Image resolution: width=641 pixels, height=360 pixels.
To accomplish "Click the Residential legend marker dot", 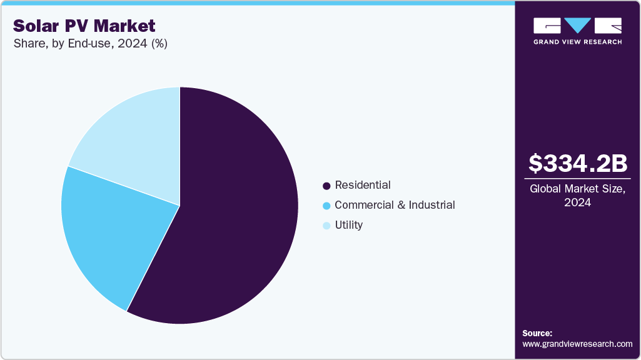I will click(x=326, y=186).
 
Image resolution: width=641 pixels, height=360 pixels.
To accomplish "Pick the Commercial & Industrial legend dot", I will click(x=326, y=206).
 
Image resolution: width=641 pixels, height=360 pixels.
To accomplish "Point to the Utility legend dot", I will click(x=326, y=226).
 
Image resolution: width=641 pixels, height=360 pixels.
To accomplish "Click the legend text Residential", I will click(x=363, y=185).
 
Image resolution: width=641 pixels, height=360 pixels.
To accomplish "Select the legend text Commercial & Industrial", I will click(x=395, y=205).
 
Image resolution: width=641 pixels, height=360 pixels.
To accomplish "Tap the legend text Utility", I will click(x=348, y=225).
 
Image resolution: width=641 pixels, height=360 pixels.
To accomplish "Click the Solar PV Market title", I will click(x=84, y=26).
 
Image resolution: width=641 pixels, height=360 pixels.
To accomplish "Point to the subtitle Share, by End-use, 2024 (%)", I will click(x=90, y=43).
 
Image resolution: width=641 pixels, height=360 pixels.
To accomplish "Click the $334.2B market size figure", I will click(x=577, y=164).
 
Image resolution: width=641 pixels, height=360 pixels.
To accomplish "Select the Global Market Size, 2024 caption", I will click(x=577, y=195).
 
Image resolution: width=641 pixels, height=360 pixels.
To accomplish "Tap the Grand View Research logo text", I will click(x=577, y=42).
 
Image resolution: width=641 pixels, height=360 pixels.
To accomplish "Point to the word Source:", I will click(x=537, y=333).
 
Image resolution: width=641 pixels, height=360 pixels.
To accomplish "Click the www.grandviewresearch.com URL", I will click(x=577, y=344).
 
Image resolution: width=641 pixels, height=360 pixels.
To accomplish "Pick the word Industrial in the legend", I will click(x=432, y=205).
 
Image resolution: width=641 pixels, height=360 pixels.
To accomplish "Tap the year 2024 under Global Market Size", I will click(x=577, y=202).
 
